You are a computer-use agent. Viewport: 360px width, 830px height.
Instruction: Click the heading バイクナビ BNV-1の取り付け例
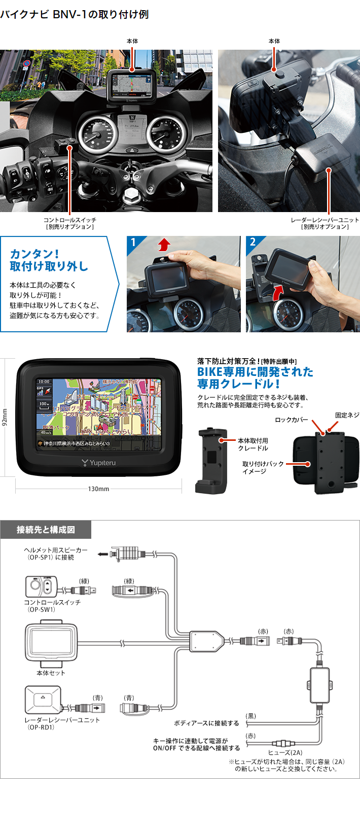pos(75,14)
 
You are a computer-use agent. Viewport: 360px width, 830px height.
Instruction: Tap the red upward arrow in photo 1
pos(163,246)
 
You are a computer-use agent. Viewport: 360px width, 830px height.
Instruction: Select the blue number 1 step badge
pos(133,243)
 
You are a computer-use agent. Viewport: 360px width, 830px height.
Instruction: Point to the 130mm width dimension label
pos(98,489)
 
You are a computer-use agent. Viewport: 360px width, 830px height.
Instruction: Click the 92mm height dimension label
pos(5,418)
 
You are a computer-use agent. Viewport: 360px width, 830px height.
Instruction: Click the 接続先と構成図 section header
pos(46,530)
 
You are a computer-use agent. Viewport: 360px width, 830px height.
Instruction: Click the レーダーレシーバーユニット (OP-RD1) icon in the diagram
pos(43,700)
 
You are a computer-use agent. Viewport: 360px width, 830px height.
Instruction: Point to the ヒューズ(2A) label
pos(285,752)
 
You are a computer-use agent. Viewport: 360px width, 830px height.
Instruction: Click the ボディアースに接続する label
pos(206,723)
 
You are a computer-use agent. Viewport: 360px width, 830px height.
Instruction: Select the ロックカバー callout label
pos(291,420)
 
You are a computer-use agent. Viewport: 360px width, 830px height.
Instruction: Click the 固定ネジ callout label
pos(347,415)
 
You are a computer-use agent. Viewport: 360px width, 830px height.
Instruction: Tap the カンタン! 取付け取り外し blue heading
pos(49,260)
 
